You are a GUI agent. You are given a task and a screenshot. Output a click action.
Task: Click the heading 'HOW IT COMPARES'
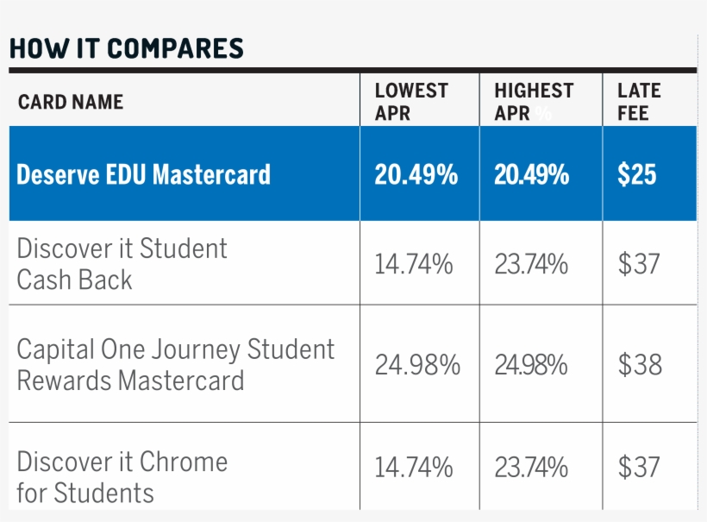[x=127, y=49]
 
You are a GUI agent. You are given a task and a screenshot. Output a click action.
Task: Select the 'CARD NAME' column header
[x=71, y=102]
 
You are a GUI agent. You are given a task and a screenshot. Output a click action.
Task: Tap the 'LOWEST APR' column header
[x=411, y=102]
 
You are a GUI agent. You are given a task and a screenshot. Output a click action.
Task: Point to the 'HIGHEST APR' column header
[x=534, y=102]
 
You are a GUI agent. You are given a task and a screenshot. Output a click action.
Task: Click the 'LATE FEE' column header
[x=639, y=102]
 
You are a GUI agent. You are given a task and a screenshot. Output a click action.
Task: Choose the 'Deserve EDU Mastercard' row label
[x=143, y=175]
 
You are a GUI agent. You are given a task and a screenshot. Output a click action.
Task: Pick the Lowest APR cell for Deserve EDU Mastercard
[x=416, y=175]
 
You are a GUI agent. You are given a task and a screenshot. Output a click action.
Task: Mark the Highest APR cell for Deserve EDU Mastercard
[x=532, y=175]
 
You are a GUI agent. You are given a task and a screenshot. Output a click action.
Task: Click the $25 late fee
[x=637, y=175]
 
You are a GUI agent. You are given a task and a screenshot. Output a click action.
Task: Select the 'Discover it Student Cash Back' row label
[x=122, y=264]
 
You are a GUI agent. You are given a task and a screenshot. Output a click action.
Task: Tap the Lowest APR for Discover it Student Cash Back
[x=414, y=265]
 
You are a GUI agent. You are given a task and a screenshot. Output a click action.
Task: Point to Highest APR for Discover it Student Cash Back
[x=531, y=265]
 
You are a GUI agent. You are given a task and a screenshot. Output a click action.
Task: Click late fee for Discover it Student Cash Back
[x=639, y=265]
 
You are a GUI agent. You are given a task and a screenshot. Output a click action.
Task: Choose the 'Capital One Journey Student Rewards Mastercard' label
[x=175, y=365]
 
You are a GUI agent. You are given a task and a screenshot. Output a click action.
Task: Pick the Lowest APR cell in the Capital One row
[x=417, y=366]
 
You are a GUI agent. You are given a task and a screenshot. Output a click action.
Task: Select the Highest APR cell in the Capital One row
[x=531, y=366]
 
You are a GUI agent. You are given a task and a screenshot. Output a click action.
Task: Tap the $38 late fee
[x=640, y=366]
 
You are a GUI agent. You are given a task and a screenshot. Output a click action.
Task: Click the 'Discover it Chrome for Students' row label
[x=122, y=477]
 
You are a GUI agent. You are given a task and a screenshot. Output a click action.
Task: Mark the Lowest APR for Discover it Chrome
[x=414, y=469]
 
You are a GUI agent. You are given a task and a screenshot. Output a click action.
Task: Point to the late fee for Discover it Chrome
[x=639, y=469]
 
